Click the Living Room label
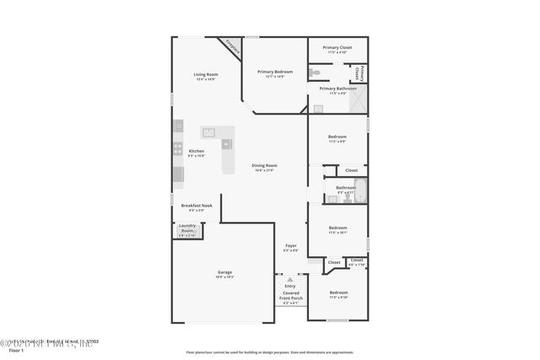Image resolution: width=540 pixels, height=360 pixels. tap(206, 77)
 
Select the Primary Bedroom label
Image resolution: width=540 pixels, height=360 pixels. tap(276, 74)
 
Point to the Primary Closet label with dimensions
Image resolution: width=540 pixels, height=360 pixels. tap(337, 50)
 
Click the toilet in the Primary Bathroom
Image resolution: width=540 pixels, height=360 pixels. tap(314, 72)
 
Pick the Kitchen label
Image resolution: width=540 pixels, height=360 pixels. tap(196, 153)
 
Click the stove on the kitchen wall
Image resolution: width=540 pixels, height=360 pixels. tap(178, 150)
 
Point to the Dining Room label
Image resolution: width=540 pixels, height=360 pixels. tap(265, 167)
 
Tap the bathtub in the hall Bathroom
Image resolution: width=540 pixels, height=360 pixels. tap(360, 191)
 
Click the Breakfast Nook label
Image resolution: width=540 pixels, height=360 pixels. tap(196, 207)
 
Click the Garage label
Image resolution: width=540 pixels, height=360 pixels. tap(224, 274)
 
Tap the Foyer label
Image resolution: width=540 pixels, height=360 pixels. tap(290, 249)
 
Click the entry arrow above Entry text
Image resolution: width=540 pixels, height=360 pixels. tap(290, 279)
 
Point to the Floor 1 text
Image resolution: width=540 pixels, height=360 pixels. tap(16, 349)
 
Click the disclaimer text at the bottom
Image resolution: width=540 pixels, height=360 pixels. tap(269, 352)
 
